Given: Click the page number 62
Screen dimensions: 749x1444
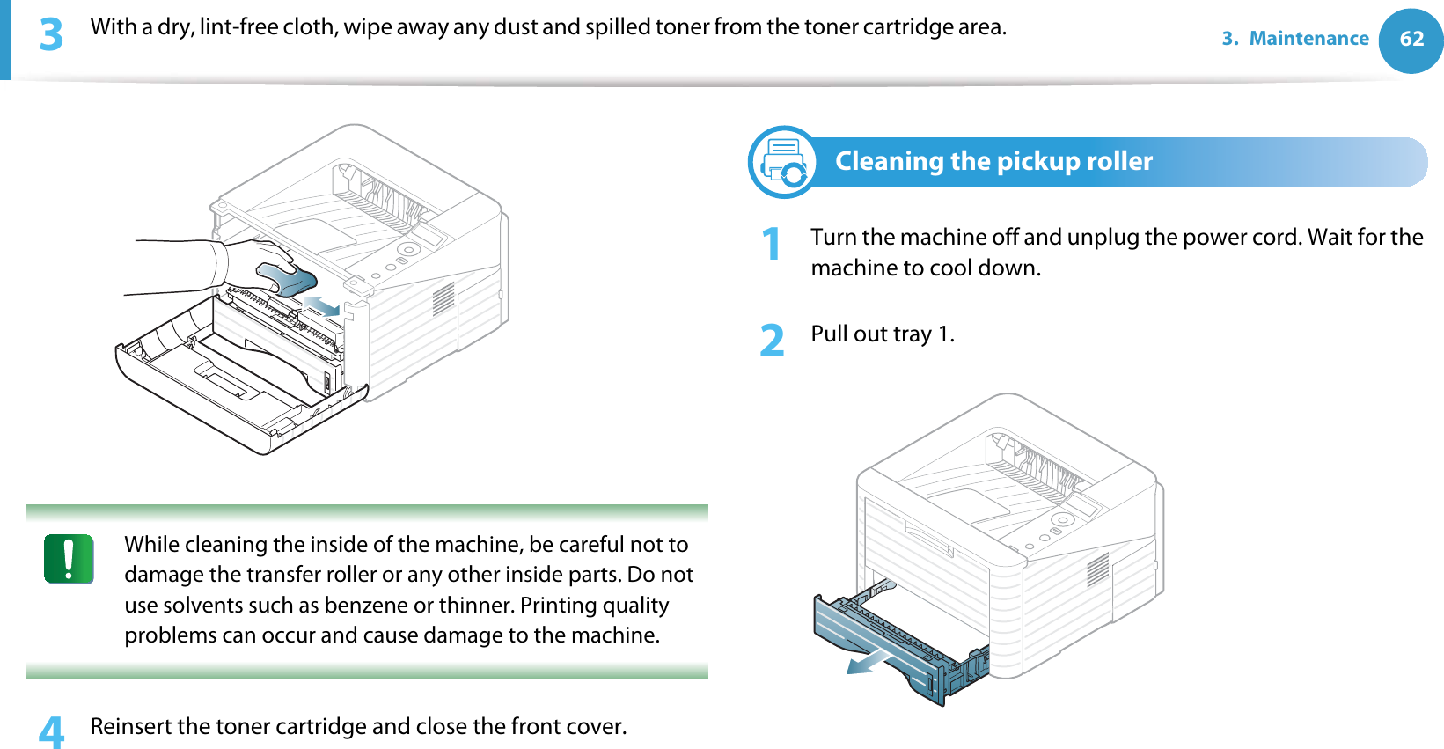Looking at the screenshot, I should click(1411, 39).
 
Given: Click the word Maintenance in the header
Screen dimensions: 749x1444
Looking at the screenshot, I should click(1308, 39).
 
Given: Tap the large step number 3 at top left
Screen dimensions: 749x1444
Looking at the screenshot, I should click(51, 34).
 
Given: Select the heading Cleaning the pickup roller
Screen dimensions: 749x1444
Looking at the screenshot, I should click(993, 161).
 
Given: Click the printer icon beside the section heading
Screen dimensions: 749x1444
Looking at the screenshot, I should click(782, 162).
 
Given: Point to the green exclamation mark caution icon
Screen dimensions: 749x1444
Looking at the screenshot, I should click(69, 559).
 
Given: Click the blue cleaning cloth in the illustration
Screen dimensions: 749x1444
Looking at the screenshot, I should click(287, 280).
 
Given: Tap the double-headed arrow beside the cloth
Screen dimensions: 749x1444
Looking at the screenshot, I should click(322, 306).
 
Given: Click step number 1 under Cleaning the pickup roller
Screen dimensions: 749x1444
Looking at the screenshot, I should click(772, 244).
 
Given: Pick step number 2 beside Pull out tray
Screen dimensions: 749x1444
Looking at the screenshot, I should click(772, 340).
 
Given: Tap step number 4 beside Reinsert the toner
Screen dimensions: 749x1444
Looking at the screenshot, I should click(51, 731).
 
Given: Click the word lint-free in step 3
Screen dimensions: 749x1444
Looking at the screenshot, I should click(239, 27).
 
